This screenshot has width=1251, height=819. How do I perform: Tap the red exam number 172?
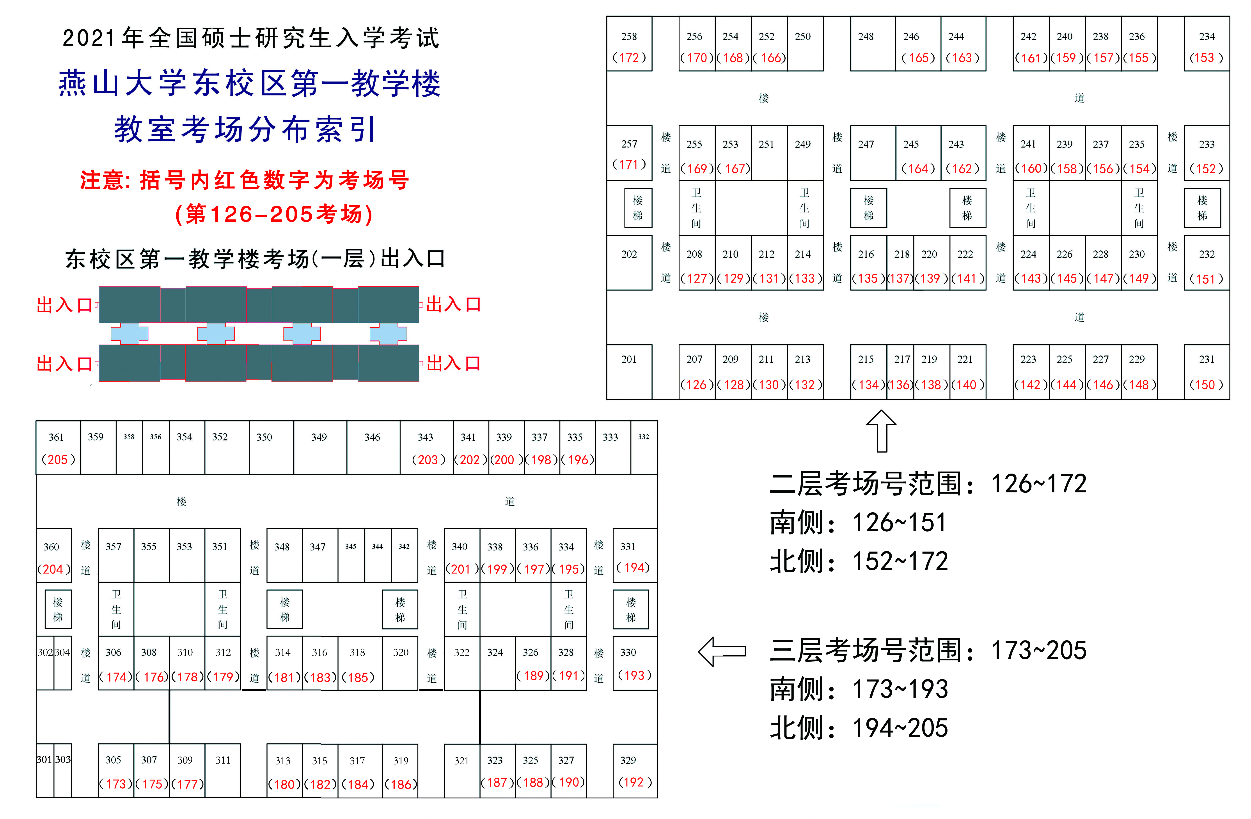pos(629,58)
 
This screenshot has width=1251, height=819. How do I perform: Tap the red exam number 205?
pos(58,460)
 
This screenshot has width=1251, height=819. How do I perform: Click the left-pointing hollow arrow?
pos(722,651)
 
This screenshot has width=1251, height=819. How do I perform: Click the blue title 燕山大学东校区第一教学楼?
pos(250,83)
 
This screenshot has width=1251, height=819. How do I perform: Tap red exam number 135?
pos(868,278)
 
